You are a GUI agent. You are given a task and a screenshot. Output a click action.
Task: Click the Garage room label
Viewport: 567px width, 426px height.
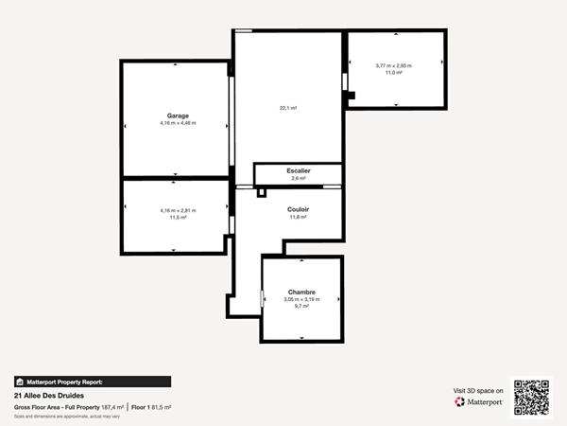177,115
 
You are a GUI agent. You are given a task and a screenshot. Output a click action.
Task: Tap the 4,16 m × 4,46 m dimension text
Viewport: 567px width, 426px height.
177,123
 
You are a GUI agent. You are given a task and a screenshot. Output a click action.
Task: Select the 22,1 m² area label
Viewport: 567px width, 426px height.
287,108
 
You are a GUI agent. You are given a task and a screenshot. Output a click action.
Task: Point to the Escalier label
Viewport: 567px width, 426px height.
299,170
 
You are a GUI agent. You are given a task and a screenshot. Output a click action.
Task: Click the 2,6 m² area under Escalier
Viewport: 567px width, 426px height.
299,178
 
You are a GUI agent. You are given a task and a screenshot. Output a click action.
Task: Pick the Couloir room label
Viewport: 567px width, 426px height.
299,209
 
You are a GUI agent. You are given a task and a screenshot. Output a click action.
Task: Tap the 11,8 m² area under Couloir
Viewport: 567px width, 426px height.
299,217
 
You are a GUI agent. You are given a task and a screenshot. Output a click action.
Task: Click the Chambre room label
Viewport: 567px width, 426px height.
301,292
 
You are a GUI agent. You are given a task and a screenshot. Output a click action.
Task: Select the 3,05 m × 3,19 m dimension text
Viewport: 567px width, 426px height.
301,299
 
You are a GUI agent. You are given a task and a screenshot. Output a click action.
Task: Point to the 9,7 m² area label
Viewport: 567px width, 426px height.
301,307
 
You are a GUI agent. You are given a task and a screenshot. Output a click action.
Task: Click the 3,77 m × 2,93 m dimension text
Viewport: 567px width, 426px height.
394,65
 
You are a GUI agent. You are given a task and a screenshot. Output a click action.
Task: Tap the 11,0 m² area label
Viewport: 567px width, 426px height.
394,73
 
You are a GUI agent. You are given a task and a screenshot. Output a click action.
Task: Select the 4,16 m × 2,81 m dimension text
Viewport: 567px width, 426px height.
177,210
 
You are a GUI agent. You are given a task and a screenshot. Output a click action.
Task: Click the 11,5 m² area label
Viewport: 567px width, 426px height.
177,218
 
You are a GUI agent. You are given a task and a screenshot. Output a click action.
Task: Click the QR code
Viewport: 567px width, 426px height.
530,397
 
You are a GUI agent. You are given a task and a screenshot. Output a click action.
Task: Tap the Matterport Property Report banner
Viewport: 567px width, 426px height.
92,382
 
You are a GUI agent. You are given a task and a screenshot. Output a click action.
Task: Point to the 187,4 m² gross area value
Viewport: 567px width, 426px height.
113,407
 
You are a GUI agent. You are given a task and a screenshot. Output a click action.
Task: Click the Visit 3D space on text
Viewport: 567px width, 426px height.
478,390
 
